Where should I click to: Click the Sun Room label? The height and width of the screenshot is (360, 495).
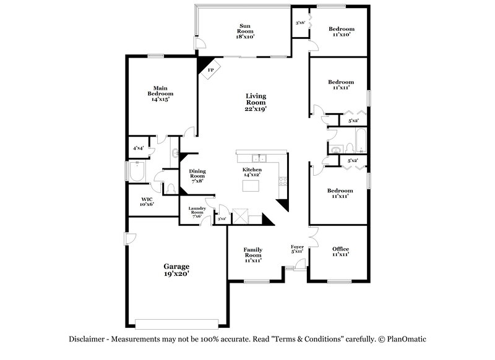[x=245, y=31]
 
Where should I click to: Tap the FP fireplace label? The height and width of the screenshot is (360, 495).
[x=210, y=70]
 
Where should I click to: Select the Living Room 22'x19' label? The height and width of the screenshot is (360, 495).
[x=256, y=101]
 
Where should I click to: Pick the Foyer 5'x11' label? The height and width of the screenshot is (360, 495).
[x=298, y=249]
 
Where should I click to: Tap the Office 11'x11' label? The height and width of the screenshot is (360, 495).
[x=340, y=251]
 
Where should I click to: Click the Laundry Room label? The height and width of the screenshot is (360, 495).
[x=197, y=213]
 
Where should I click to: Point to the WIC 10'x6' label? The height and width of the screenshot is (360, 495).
[x=146, y=201]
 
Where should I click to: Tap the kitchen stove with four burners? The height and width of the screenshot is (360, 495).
[x=283, y=182]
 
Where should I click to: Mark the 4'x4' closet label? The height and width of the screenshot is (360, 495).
[x=138, y=148]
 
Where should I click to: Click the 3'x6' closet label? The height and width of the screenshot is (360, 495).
[x=300, y=23]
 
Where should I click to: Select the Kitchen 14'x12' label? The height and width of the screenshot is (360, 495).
[x=251, y=172]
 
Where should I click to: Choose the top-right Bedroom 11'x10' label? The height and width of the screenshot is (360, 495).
[x=341, y=32]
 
